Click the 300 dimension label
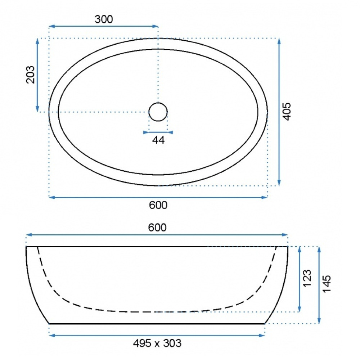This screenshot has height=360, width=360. point(104,19)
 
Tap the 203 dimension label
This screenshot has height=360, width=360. point(31,75)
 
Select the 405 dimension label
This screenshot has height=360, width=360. point(287,111)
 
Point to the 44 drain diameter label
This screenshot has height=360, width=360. point(158,140)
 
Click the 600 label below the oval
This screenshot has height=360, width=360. point(158,205)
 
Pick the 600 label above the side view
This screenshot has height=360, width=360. point(157,228)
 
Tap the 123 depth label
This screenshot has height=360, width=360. point(307,278)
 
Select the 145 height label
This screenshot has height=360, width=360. point(327,283)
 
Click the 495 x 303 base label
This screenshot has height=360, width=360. point(157,343)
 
